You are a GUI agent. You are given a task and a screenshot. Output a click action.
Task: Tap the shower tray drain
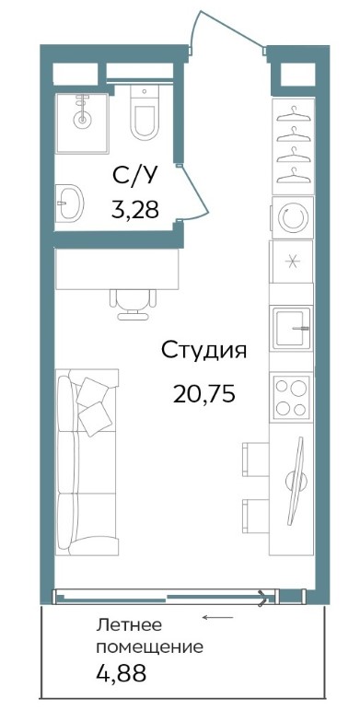click(82, 120)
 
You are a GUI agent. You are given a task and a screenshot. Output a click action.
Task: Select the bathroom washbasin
click(69, 203)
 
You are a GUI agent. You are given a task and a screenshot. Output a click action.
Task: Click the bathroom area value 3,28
click(135, 209)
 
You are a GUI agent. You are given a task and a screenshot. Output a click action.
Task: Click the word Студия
click(203, 351)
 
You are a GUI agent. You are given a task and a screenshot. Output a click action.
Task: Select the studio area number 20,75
click(203, 394)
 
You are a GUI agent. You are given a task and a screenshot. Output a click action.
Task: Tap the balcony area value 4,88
click(122, 673)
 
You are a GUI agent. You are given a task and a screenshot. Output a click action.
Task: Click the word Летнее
click(129, 626)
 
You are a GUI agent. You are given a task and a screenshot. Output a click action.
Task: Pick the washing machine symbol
click(293, 217)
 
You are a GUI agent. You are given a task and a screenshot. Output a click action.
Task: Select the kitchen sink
click(292, 328)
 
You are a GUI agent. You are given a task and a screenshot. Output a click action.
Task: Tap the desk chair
click(133, 304)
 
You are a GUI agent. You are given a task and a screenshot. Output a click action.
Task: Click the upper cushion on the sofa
click(93, 391)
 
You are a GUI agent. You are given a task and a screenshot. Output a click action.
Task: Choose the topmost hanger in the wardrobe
click(295, 112)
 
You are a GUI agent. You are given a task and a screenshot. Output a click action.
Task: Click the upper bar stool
click(255, 460)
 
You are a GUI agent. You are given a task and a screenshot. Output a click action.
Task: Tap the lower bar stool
click(255, 516)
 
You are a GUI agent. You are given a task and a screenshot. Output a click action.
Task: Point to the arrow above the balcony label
click(218, 617)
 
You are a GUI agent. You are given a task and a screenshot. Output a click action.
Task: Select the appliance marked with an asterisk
click(292, 262)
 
